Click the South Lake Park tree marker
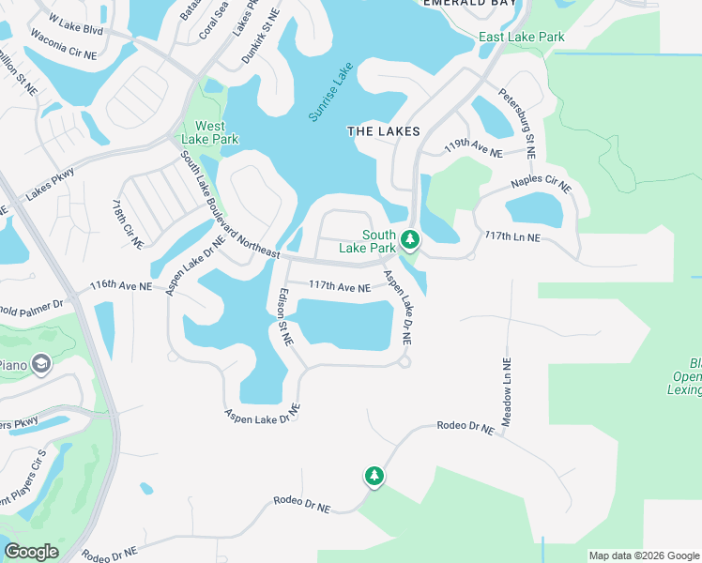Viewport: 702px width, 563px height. [x=409, y=240]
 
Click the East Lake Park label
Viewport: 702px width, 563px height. [x=521, y=37]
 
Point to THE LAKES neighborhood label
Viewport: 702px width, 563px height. [x=383, y=132]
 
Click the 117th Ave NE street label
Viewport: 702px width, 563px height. [x=340, y=288]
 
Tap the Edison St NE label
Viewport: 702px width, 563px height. [x=282, y=315]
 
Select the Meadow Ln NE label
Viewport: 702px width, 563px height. [x=506, y=393]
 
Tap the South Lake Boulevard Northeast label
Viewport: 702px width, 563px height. [x=230, y=205]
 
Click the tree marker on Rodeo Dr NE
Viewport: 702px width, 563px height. [x=374, y=477]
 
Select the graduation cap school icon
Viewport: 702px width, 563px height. [x=40, y=363]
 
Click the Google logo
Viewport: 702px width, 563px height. [x=31, y=552]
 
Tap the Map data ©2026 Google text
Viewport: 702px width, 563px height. [x=643, y=555]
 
